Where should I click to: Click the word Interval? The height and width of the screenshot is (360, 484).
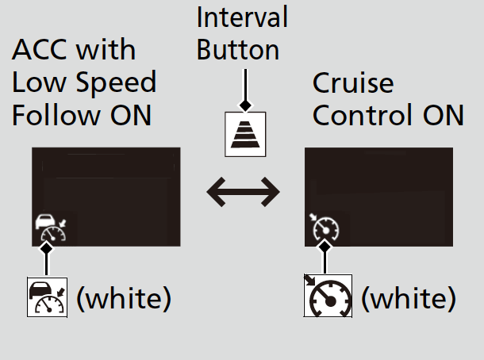tap(242, 17)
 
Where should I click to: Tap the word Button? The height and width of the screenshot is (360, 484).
tap(238, 50)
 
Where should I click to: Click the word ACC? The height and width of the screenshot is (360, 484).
tap(39, 49)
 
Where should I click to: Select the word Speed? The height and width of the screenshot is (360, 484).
tap(116, 82)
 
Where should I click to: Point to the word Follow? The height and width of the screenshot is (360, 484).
tap(56, 115)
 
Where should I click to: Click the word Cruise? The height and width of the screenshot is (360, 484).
tap(353, 82)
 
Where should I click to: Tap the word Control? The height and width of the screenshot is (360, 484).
tap(363, 115)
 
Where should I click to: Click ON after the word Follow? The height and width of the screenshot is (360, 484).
tap(131, 115)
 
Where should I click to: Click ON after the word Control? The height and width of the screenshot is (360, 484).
tap(444, 115)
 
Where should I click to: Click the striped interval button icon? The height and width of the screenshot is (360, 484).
tap(245, 135)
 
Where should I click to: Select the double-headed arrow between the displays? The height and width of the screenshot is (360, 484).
tap(244, 192)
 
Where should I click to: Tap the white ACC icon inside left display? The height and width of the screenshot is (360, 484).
tap(51, 228)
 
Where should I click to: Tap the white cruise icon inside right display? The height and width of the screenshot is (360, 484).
tap(324, 227)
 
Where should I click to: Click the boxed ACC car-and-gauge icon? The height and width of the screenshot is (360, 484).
tap(48, 297)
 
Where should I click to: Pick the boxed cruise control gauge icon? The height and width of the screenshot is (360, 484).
tap(328, 296)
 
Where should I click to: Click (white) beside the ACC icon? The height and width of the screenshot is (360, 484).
tap(124, 297)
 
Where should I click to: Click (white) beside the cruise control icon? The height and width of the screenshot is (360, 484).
tap(409, 297)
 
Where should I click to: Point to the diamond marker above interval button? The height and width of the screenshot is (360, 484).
tap(245, 105)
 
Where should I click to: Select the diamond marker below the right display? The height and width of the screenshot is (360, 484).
tap(325, 247)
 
